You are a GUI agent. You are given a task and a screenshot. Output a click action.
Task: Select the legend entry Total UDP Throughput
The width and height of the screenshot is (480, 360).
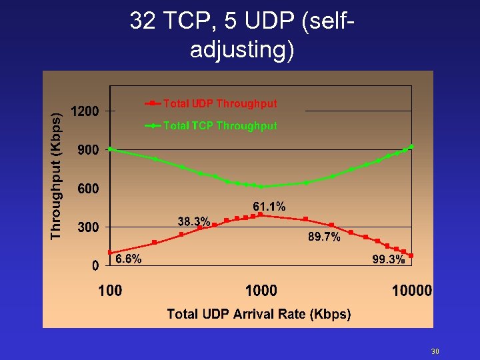[219, 103]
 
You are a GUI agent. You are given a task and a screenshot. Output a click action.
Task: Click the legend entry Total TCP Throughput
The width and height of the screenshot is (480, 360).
[219, 125]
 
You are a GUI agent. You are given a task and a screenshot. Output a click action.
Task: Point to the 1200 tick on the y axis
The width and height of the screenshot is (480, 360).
[85, 111]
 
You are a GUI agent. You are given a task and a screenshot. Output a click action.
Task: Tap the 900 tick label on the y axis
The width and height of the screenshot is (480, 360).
[89, 150]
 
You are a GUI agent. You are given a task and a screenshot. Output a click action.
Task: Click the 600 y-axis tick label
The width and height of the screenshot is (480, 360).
[89, 189]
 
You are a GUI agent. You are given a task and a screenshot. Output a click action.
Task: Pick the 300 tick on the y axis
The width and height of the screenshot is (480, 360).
[89, 227]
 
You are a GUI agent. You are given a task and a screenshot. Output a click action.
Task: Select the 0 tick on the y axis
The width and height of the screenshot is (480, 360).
[95, 265]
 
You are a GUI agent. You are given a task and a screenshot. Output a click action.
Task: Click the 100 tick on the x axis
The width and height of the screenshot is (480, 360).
[110, 290]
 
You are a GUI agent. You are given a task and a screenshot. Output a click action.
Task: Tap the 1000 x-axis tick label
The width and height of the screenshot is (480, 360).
[261, 290]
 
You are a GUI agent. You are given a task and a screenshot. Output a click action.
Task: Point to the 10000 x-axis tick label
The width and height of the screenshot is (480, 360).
[411, 290]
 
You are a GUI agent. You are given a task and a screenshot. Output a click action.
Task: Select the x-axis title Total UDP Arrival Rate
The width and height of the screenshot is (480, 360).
[259, 314]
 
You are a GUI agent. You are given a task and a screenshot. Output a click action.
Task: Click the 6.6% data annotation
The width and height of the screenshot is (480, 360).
[128, 259]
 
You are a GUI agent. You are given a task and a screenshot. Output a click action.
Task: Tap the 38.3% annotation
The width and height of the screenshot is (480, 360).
[194, 221]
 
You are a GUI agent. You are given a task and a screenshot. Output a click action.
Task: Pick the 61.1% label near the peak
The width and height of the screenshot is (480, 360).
[269, 207]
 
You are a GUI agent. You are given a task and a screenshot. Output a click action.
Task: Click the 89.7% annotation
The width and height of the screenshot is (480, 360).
[324, 237]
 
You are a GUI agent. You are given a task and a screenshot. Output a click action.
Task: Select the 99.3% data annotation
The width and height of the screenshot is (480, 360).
[388, 260]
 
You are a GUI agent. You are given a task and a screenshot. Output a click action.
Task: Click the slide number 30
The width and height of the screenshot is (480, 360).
[435, 351]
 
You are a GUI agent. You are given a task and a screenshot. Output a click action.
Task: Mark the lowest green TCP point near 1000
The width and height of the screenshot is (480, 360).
[261, 187]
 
